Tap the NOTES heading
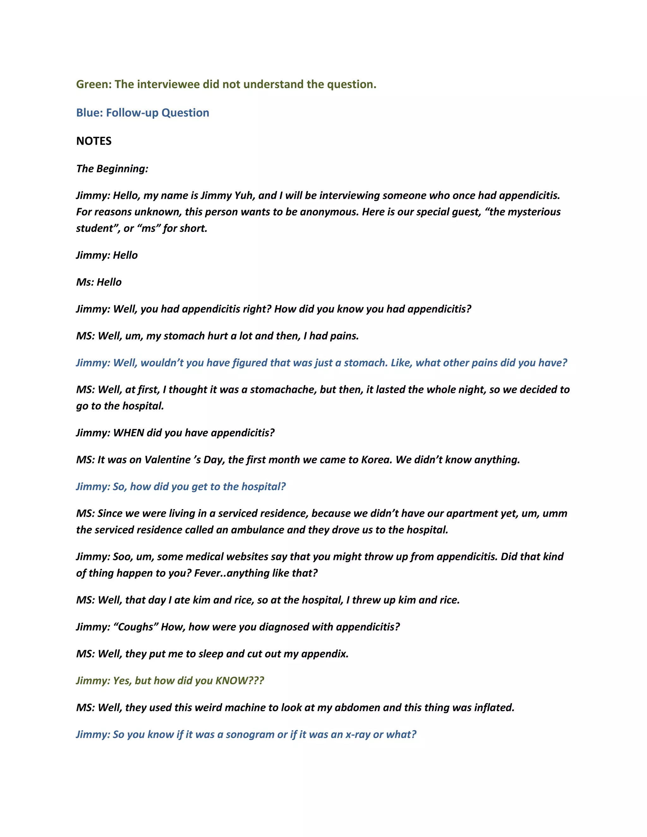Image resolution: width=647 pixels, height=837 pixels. [94, 141]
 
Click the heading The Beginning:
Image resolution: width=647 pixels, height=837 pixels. [112, 169]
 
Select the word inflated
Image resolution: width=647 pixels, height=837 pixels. [494, 707]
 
